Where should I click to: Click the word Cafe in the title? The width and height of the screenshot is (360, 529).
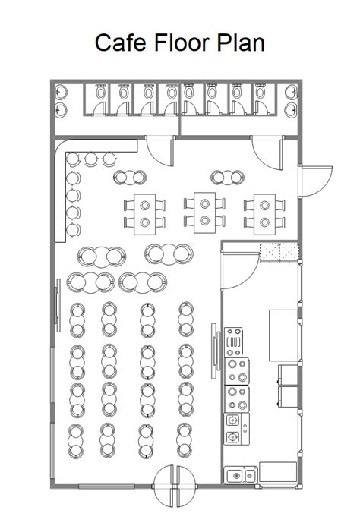pos(118,43)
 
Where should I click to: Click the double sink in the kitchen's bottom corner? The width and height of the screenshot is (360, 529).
pos(242,476)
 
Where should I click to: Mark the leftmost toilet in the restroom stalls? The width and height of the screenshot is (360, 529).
pos(99,94)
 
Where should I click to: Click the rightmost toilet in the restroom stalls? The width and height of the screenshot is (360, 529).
pos(264,94)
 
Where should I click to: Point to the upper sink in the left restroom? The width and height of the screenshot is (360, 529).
pos(61,92)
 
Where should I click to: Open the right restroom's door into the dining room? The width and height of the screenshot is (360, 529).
pos(268,152)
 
